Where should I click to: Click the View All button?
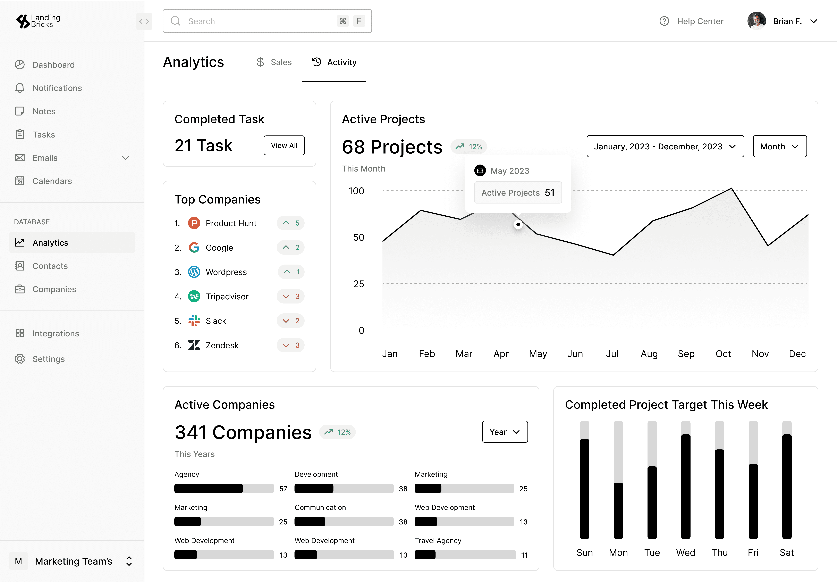284,145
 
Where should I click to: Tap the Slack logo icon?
194,321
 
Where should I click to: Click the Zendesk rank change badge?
290,345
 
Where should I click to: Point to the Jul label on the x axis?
612,354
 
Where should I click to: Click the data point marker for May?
518,224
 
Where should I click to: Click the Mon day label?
618,552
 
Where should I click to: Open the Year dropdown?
505,432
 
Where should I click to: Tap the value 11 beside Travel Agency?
524,555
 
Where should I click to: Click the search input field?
267,21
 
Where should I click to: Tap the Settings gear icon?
20,359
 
